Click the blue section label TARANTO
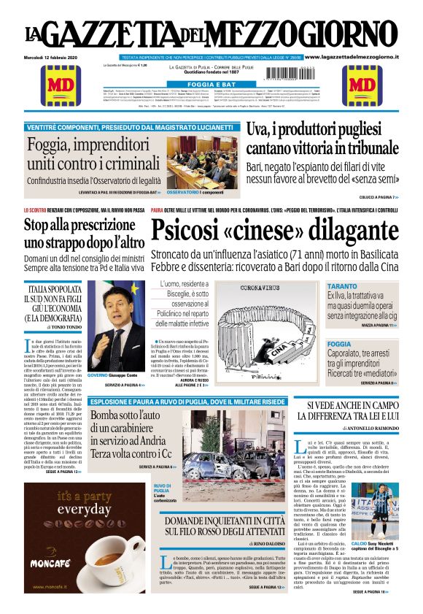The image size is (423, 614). point(343,285)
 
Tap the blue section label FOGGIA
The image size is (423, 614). point(339,343)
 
